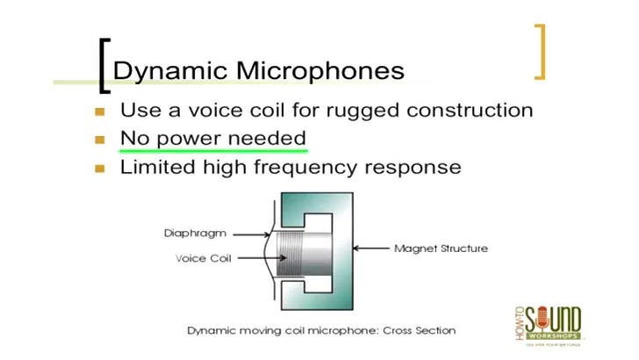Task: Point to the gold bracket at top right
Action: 539,51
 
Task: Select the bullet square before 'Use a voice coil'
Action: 99,112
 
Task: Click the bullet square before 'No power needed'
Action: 99,139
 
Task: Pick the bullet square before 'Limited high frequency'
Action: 99,167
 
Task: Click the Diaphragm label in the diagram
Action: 194,234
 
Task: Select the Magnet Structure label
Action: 441,248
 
